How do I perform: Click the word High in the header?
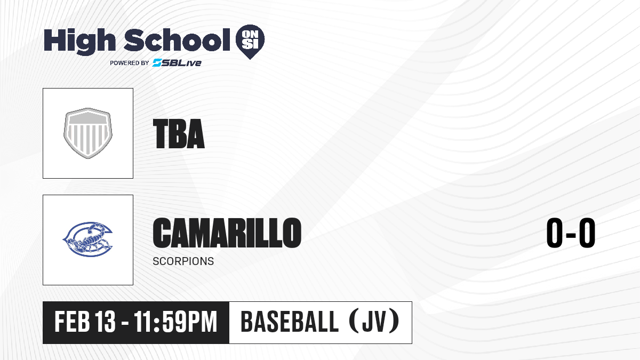click(x=79, y=41)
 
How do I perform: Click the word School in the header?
click(x=177, y=39)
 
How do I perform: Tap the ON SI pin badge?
click(x=250, y=42)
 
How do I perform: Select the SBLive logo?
click(x=177, y=62)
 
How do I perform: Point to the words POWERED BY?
click(x=130, y=63)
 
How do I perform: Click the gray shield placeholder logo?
click(x=88, y=133)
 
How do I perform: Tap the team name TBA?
click(x=179, y=134)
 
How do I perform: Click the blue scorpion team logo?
click(x=87, y=239)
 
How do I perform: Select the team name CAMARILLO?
click(x=227, y=233)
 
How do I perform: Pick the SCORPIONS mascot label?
click(x=183, y=261)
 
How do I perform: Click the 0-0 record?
click(x=571, y=233)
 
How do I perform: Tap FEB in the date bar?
click(x=73, y=322)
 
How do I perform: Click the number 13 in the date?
click(x=106, y=322)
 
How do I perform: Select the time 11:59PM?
click(x=175, y=322)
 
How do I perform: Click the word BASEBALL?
click(x=290, y=322)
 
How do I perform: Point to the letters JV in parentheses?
click(x=374, y=322)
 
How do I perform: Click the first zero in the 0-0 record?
click(x=555, y=233)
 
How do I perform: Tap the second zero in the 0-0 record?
click(x=587, y=233)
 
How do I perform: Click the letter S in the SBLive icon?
click(x=157, y=62)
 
